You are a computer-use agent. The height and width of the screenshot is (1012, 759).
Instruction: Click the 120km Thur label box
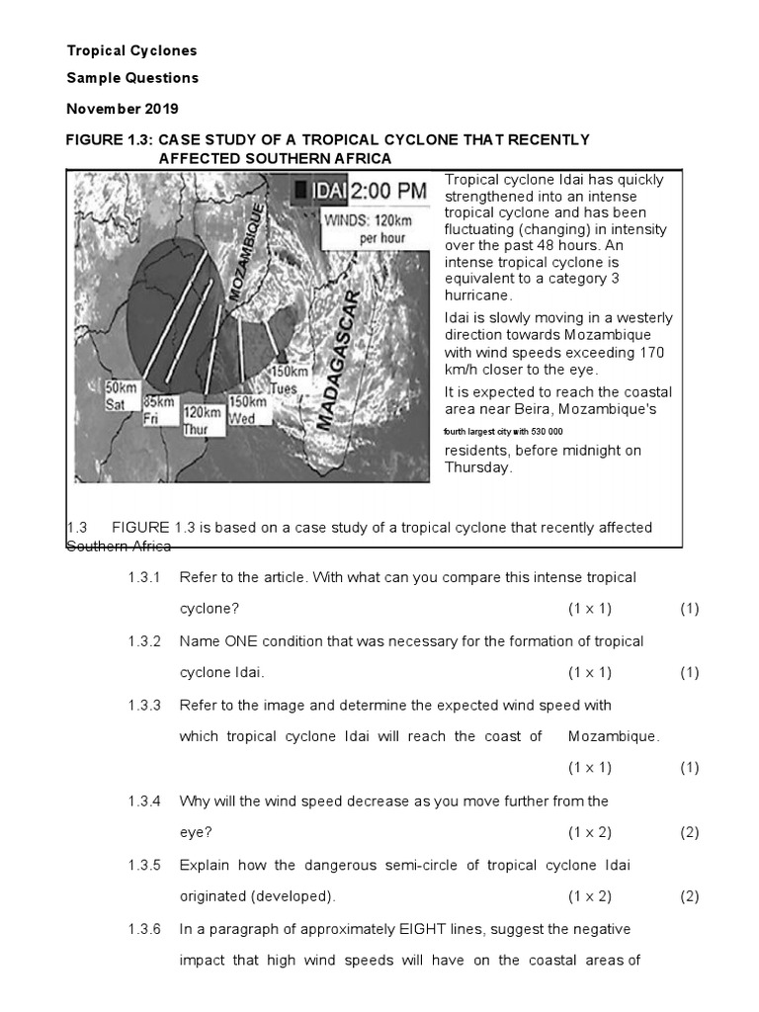[202, 419]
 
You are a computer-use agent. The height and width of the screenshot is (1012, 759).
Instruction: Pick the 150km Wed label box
[247, 409]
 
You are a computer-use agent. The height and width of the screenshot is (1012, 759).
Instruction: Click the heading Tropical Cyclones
[131, 50]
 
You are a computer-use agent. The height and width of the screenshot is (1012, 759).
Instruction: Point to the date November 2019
[123, 108]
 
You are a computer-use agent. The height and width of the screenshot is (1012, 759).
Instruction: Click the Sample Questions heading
[132, 78]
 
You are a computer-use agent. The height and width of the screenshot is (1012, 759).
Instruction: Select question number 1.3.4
[144, 801]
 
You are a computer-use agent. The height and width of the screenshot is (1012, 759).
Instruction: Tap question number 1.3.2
[144, 641]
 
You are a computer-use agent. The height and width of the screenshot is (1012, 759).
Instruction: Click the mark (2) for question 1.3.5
[689, 896]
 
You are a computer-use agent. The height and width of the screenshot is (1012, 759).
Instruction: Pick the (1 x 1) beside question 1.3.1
[589, 609]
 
